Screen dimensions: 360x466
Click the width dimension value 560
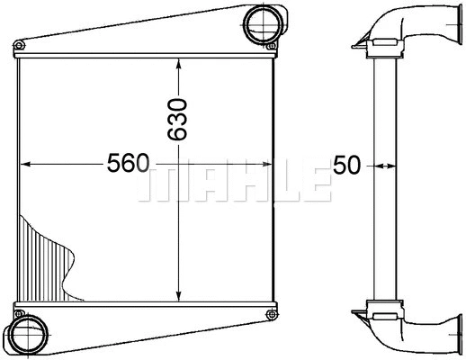coord(127,165)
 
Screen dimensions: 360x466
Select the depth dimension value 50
coord(347,165)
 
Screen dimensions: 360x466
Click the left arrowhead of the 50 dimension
coord(375,165)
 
